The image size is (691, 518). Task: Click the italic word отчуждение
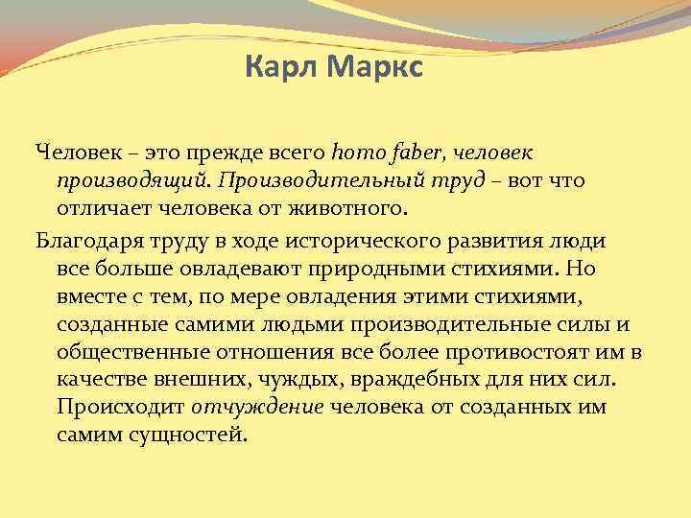point(256,407)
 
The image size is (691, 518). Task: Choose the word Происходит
point(121,407)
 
